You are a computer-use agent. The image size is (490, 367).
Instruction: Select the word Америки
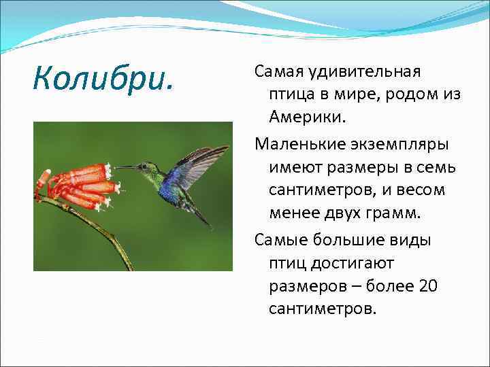click(307, 116)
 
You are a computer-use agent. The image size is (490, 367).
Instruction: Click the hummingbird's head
click(144, 167)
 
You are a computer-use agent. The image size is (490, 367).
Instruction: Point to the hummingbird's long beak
click(125, 167)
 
